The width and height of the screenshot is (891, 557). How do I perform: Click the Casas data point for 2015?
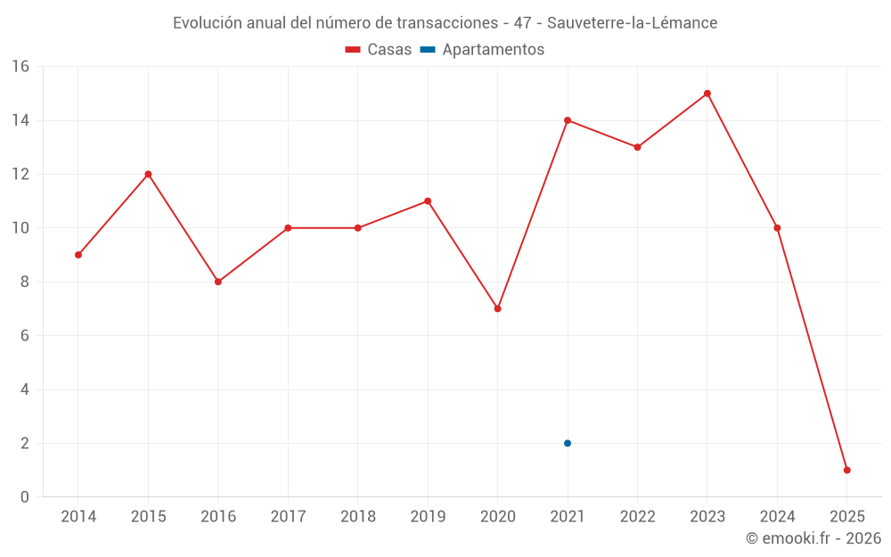[x=148, y=174]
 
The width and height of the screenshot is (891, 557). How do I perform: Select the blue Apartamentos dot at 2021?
[x=568, y=443]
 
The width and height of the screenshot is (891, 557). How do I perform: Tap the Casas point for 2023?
[x=707, y=94]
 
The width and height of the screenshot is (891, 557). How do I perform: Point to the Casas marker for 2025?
[x=847, y=470]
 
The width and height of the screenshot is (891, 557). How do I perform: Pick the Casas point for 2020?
[x=498, y=308]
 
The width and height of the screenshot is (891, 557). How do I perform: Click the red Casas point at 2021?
[x=568, y=120]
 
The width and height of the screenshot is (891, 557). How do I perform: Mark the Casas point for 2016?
[x=218, y=282]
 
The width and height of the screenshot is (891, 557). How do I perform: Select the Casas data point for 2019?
[x=428, y=201]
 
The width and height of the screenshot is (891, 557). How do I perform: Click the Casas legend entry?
[x=379, y=50]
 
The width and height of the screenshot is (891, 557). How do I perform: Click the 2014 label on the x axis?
[x=78, y=517]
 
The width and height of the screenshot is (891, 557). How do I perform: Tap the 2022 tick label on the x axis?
[x=637, y=517]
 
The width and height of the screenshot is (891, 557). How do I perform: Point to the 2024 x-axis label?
[x=777, y=517]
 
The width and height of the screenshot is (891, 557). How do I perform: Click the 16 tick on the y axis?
[x=20, y=67]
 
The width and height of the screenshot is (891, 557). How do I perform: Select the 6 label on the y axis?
[x=25, y=336]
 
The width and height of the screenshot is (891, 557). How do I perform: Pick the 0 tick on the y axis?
[x=25, y=497]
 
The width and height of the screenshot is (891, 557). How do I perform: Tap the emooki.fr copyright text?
[x=813, y=538]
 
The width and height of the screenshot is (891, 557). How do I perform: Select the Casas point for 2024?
[x=777, y=228]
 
